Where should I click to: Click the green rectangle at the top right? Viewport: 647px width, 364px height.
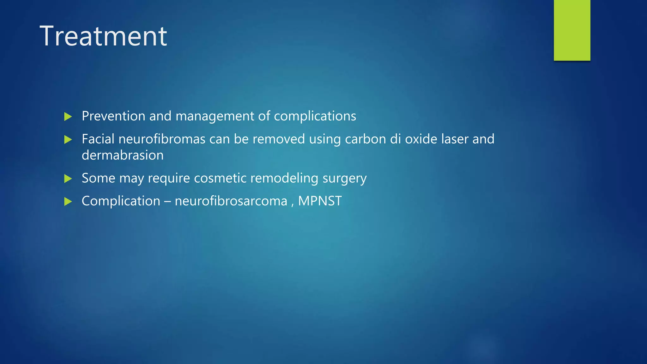pos(572,30)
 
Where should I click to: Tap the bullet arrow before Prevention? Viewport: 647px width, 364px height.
pos(68,117)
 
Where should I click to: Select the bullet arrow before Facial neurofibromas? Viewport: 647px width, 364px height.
pos(68,139)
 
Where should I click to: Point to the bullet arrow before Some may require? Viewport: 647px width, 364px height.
pos(68,179)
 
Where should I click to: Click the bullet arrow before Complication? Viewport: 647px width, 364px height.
pos(68,201)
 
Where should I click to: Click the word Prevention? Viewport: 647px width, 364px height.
pos(113,116)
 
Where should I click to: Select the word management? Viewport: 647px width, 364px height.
pos(215,116)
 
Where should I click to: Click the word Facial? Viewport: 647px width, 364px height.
pos(98,139)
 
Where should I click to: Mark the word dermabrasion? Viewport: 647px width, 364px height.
pos(123,155)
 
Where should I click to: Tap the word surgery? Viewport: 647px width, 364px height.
pos(344,179)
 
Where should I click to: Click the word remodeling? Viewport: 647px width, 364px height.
pos(284,178)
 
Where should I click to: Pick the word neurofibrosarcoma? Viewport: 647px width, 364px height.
pos(231,201)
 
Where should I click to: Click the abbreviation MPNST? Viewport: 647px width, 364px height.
pos(320,201)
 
